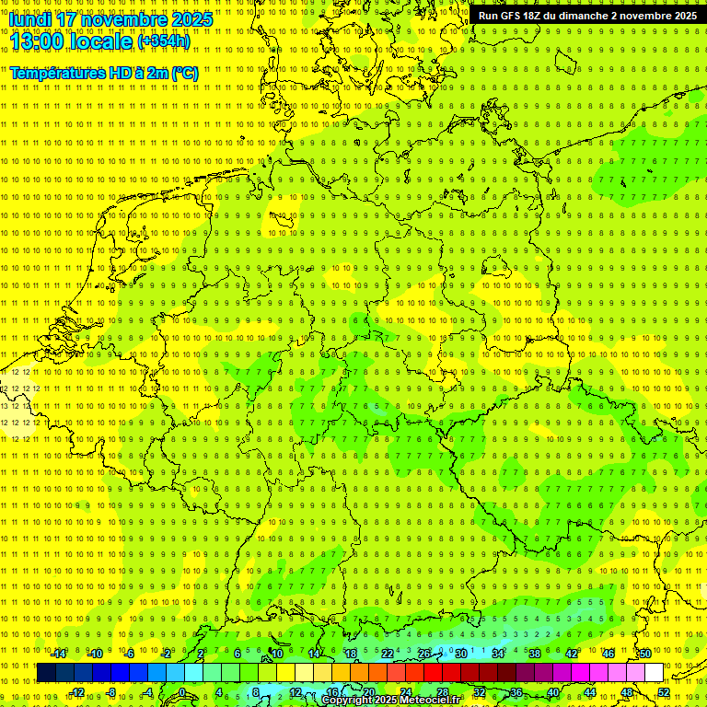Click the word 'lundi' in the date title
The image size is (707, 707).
pos(30,19)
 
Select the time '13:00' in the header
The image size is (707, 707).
pos(42,41)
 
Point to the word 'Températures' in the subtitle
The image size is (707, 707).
pos(55,73)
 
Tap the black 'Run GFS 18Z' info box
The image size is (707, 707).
pos(587,16)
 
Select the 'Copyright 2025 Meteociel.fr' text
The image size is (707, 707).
pos(392,700)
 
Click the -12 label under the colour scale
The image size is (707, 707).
pos(76,692)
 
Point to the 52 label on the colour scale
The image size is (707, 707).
pos(664,692)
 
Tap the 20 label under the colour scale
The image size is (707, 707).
pos(369,692)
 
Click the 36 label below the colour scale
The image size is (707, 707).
pos(516,692)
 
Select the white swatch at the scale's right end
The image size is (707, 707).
pos(654,673)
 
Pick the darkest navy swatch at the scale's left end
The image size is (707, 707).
pos(46,673)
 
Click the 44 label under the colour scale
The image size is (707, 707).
pos(590,692)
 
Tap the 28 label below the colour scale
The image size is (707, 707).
pos(443,692)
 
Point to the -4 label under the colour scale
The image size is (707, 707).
pos(150,692)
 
